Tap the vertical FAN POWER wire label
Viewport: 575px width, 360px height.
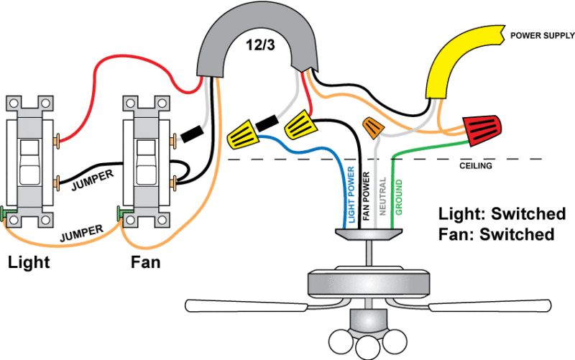coord(366,196)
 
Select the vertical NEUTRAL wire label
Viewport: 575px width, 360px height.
coord(382,195)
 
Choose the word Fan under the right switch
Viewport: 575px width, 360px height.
coord(145,262)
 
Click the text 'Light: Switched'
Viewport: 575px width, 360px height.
coord(501,213)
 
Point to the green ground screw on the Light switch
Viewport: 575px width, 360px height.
coord(5,213)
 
